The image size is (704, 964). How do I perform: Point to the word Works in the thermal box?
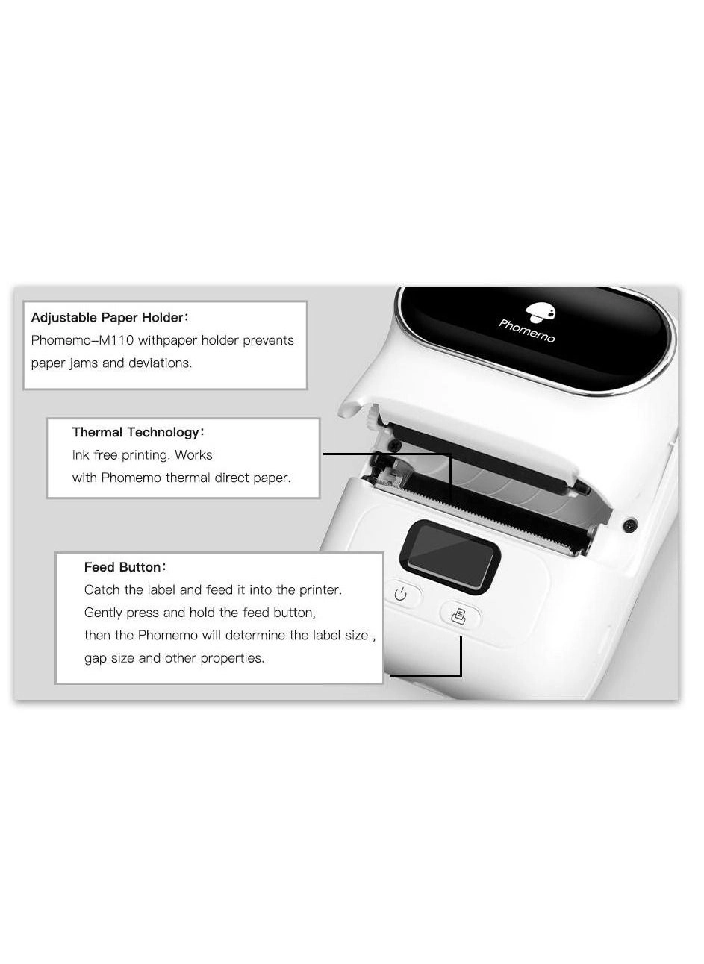click(193, 455)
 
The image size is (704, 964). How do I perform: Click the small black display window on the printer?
click(449, 557)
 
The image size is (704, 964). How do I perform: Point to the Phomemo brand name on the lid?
click(526, 331)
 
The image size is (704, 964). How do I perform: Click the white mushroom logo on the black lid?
click(541, 313)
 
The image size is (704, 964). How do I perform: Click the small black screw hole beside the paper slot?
click(630, 525)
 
